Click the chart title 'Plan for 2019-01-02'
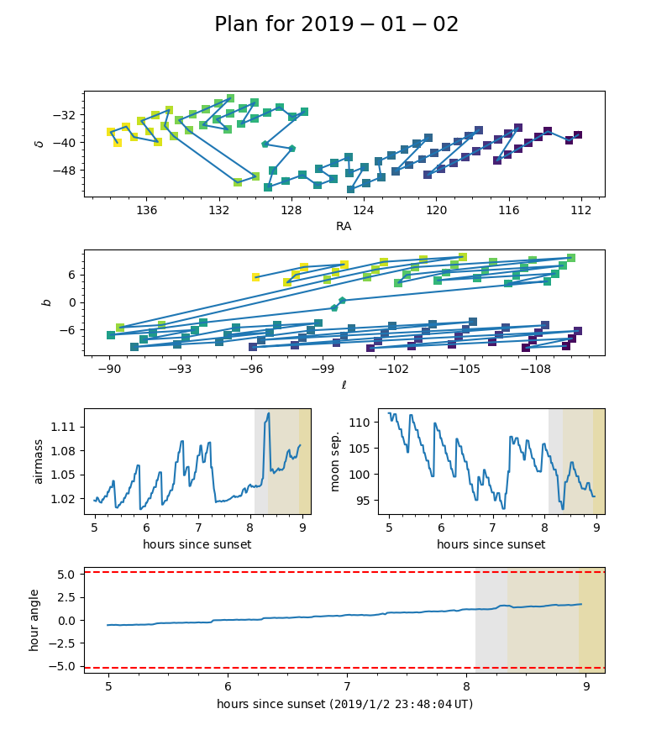coord(336,24)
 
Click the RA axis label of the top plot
coord(344,226)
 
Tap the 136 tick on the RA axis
coord(147,207)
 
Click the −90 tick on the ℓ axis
coord(109,367)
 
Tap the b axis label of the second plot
coord(47,302)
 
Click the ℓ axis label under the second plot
coord(344,385)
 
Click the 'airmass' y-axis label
coord(39,461)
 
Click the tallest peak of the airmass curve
coord(269,413)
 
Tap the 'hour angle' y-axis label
coord(34,620)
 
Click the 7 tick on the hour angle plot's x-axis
coord(347,686)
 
